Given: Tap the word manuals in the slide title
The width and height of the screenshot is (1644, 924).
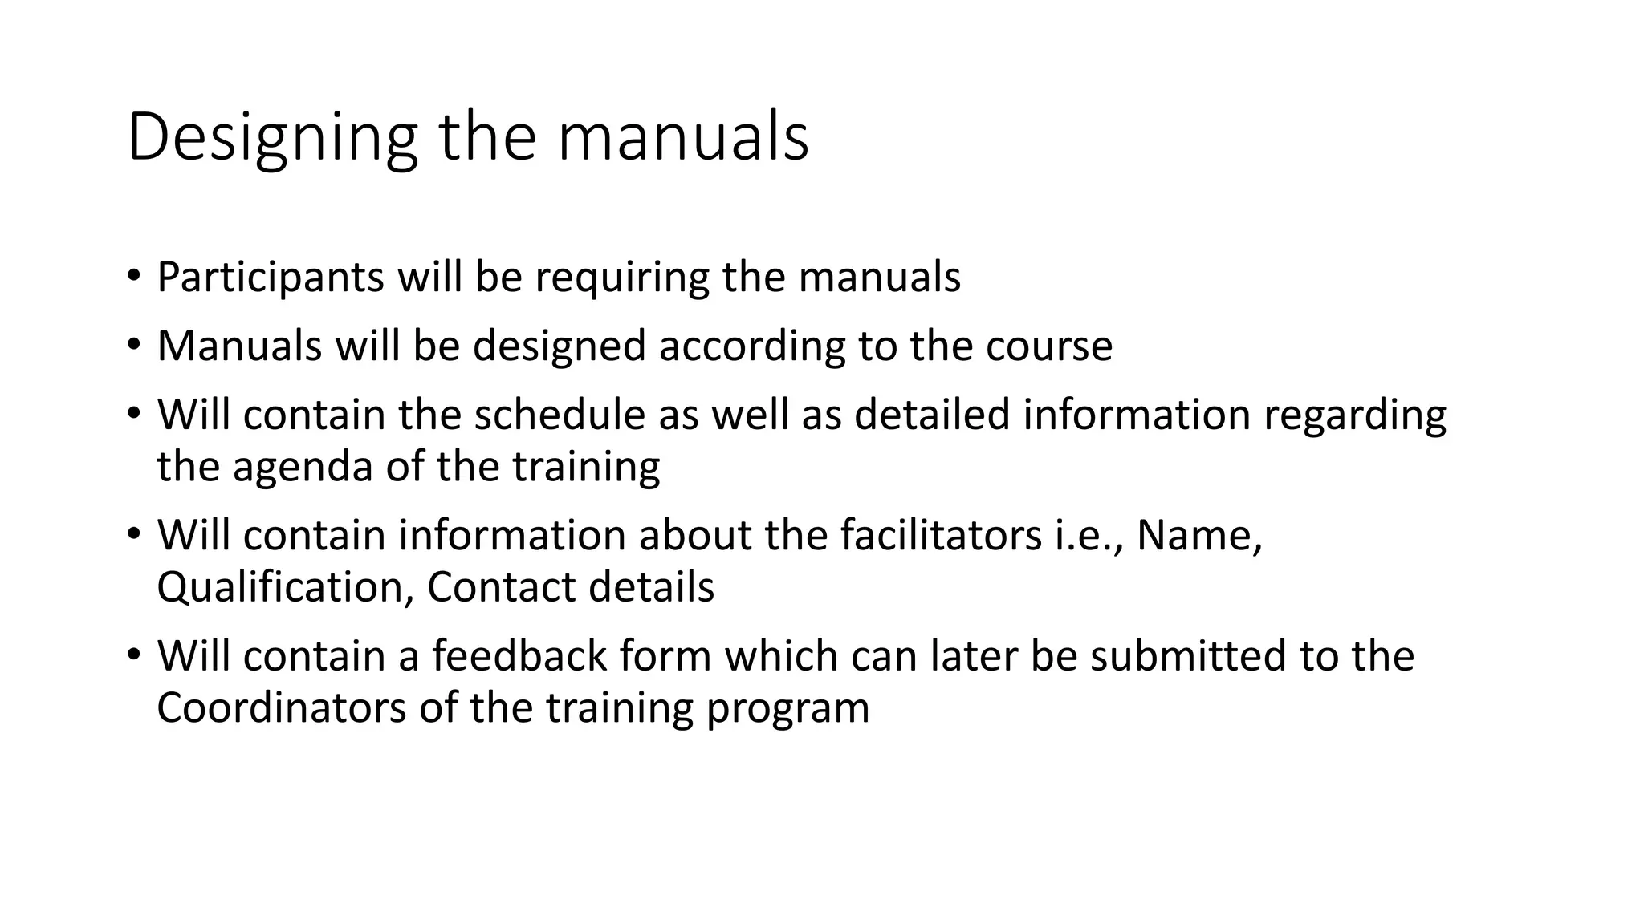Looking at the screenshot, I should [x=682, y=138].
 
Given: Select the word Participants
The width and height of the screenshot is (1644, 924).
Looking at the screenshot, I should [x=271, y=278].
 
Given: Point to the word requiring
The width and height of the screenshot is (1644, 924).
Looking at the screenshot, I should [x=622, y=278].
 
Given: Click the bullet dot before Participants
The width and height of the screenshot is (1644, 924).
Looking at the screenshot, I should [x=133, y=276].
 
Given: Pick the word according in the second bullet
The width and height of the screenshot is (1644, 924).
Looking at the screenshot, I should [x=752, y=346].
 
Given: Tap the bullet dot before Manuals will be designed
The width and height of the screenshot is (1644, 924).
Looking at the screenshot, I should [x=133, y=345].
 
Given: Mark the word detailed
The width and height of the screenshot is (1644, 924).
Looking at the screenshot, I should [x=931, y=415].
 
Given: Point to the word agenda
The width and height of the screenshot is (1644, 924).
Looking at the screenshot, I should [x=303, y=468].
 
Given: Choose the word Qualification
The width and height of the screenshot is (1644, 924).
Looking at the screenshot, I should [x=286, y=588].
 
